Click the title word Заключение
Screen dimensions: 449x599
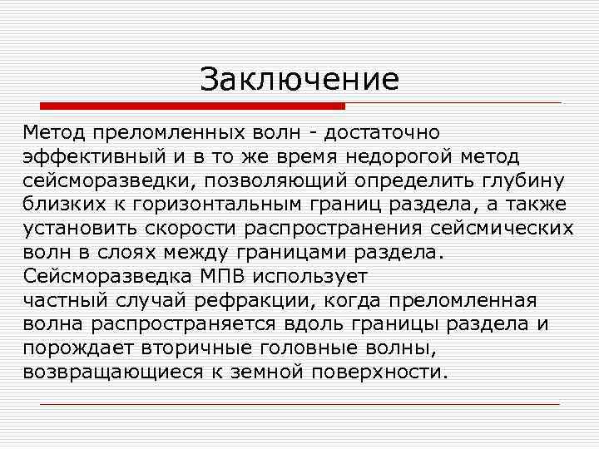click(x=299, y=80)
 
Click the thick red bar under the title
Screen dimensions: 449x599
click(x=193, y=106)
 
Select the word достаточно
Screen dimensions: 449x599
click(x=383, y=132)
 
